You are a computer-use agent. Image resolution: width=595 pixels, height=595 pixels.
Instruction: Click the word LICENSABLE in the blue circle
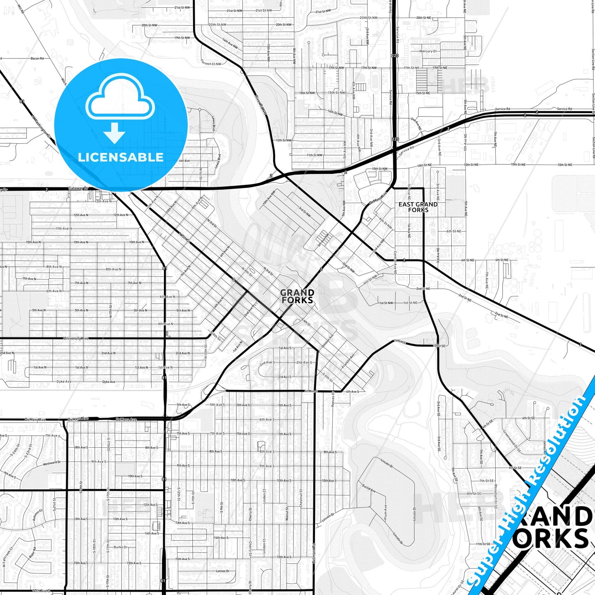tap(121, 157)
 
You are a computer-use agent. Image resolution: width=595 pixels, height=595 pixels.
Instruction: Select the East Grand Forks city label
tap(418, 207)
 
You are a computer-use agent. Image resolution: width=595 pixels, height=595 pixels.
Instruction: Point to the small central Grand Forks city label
tap(297, 296)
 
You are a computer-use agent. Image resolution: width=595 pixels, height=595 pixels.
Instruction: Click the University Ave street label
tap(76, 338)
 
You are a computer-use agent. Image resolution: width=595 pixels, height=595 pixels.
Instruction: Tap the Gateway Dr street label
tap(78, 188)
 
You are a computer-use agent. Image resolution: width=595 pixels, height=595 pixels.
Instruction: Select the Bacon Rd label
tap(37, 58)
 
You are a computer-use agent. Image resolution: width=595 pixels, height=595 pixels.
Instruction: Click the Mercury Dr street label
tap(428, 51)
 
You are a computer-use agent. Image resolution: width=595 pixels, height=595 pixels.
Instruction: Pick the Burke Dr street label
tap(121, 547)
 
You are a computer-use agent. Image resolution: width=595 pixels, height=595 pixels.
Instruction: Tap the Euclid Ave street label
tap(369, 488)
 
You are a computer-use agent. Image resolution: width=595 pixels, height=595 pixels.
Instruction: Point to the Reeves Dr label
tap(333, 400)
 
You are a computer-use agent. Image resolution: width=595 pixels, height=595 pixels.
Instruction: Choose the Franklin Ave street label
tap(348, 361)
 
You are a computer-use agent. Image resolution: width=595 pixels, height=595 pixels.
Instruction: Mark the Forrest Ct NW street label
tap(211, 63)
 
